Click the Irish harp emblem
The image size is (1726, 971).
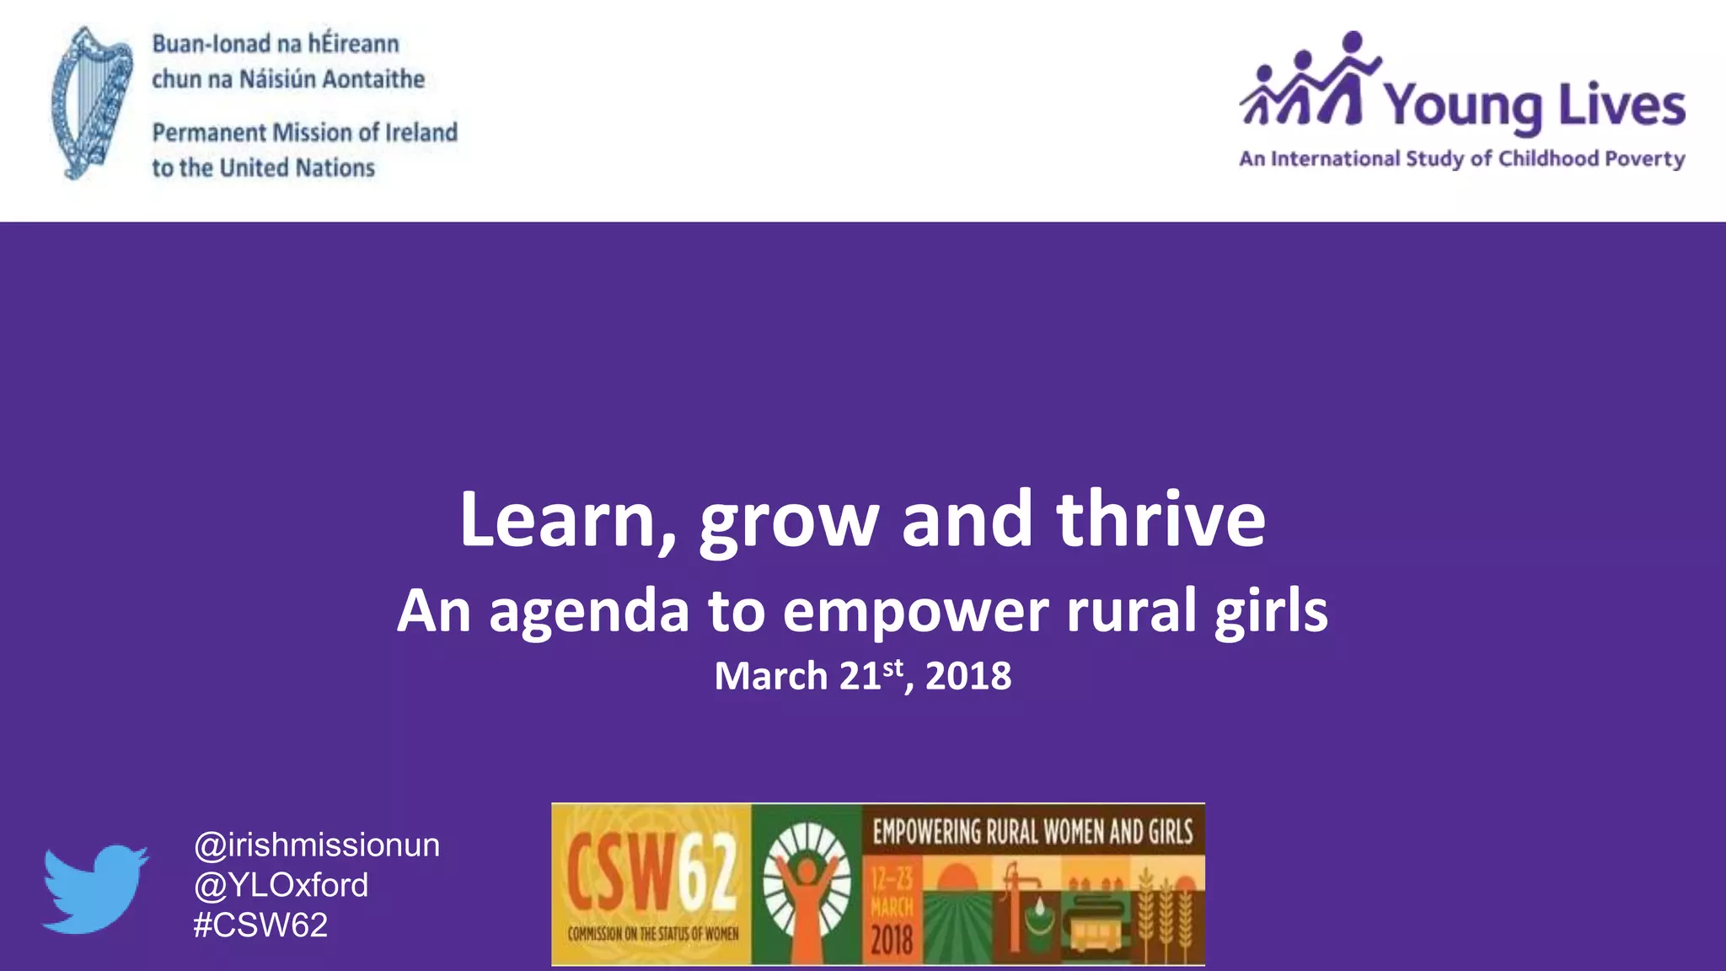click(91, 103)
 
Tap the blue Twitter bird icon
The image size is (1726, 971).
click(94, 888)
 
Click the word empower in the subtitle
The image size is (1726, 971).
click(915, 611)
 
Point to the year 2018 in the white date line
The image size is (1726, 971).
click(968, 676)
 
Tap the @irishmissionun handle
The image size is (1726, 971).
click(317, 845)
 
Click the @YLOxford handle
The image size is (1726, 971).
click(281, 885)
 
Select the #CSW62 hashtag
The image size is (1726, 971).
click(260, 925)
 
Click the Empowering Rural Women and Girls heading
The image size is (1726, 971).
click(1032, 832)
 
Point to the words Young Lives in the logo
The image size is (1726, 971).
click(1534, 105)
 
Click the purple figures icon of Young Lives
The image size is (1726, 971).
click(1311, 82)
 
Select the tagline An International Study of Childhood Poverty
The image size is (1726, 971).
click(1461, 159)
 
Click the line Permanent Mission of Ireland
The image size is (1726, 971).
click(304, 132)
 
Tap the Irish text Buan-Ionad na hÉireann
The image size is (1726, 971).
click(276, 44)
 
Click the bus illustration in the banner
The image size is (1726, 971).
click(1091, 929)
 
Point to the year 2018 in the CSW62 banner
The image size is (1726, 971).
click(892, 938)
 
